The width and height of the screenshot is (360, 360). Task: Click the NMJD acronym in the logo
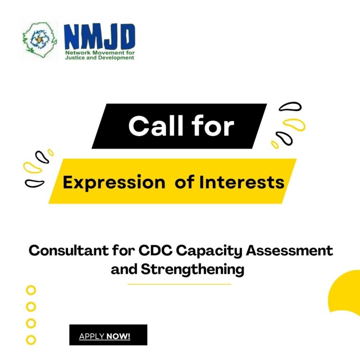pos(99,37)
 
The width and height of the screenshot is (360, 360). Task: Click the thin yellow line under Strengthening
pos(179,284)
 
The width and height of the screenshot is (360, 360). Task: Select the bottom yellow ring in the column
pos(31,339)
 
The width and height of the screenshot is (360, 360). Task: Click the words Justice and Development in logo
pos(99,58)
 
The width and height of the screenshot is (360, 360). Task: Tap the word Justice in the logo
pos(74,58)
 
